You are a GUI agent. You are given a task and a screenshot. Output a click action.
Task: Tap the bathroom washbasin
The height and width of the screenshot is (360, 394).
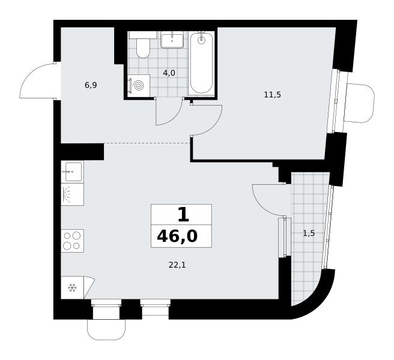pyautogui.click(x=172, y=40)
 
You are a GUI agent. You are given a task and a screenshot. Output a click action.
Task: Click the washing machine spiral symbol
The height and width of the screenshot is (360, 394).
pyautogui.click(x=139, y=86)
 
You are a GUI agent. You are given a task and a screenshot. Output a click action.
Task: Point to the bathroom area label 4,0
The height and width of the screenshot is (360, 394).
pyautogui.click(x=169, y=73)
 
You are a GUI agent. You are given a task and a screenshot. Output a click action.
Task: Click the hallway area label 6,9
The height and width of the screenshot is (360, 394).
pyautogui.click(x=91, y=85)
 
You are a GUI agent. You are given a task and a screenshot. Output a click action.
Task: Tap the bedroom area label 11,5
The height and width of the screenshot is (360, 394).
pyautogui.click(x=273, y=95)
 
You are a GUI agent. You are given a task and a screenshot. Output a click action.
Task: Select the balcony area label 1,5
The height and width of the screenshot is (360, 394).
pyautogui.click(x=309, y=233)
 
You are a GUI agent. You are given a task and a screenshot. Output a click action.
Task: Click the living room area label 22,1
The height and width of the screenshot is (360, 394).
pyautogui.click(x=177, y=265)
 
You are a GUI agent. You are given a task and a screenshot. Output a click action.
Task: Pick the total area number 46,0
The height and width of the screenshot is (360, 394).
pyautogui.click(x=177, y=236)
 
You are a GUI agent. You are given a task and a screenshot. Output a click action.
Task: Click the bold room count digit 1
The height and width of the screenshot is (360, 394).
pyautogui.click(x=183, y=215)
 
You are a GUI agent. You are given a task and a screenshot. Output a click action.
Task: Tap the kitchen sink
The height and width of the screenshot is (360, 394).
pyautogui.click(x=72, y=172)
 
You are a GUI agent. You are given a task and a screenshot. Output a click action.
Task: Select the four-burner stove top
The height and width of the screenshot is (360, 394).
pyautogui.click(x=72, y=241)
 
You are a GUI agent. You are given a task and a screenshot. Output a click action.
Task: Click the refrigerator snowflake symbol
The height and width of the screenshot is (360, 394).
pyautogui.click(x=72, y=287)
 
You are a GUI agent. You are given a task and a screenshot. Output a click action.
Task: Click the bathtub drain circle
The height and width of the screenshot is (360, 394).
pyautogui.click(x=201, y=40)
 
